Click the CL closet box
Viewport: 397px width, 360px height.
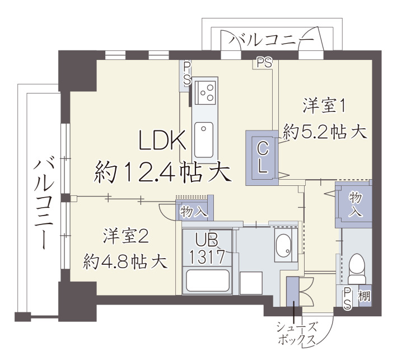(261, 157)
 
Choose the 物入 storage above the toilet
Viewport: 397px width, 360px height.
(355, 204)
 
